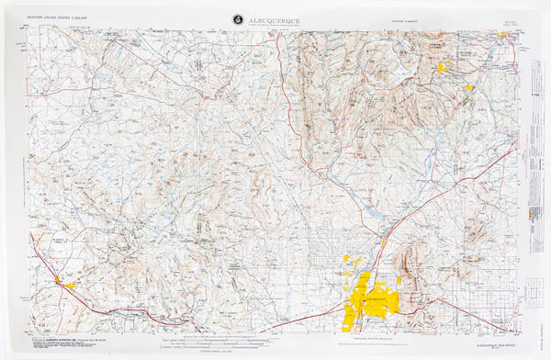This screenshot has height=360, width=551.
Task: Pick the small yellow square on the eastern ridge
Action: [468, 88]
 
